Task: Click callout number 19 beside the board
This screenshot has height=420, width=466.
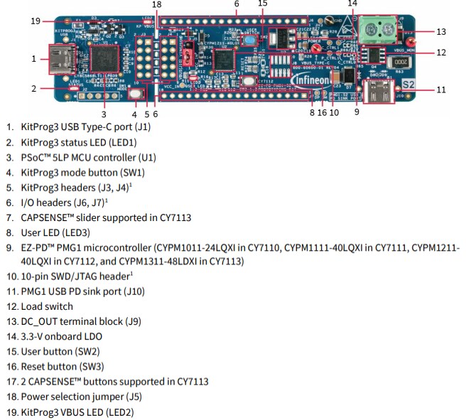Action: [36, 21]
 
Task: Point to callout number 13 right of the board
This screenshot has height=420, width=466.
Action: [441, 31]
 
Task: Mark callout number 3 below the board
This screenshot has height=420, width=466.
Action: [104, 113]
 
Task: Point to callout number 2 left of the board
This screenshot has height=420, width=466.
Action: [33, 89]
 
